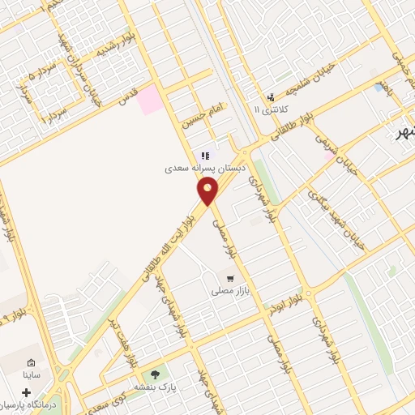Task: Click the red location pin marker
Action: tap(207, 192)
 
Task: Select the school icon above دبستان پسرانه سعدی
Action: tap(206, 156)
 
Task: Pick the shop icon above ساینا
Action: tap(31, 362)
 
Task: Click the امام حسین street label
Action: tap(200, 111)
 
